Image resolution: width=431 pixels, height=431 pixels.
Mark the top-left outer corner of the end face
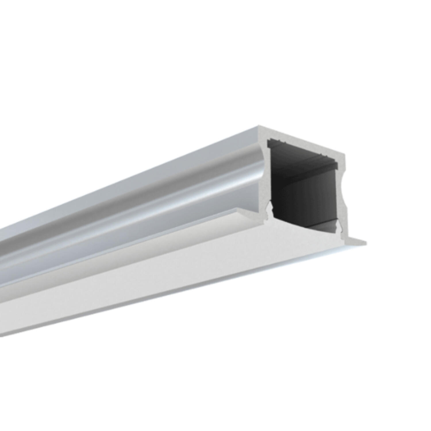[259, 126]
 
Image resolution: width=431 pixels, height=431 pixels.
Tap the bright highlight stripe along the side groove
[172, 199]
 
